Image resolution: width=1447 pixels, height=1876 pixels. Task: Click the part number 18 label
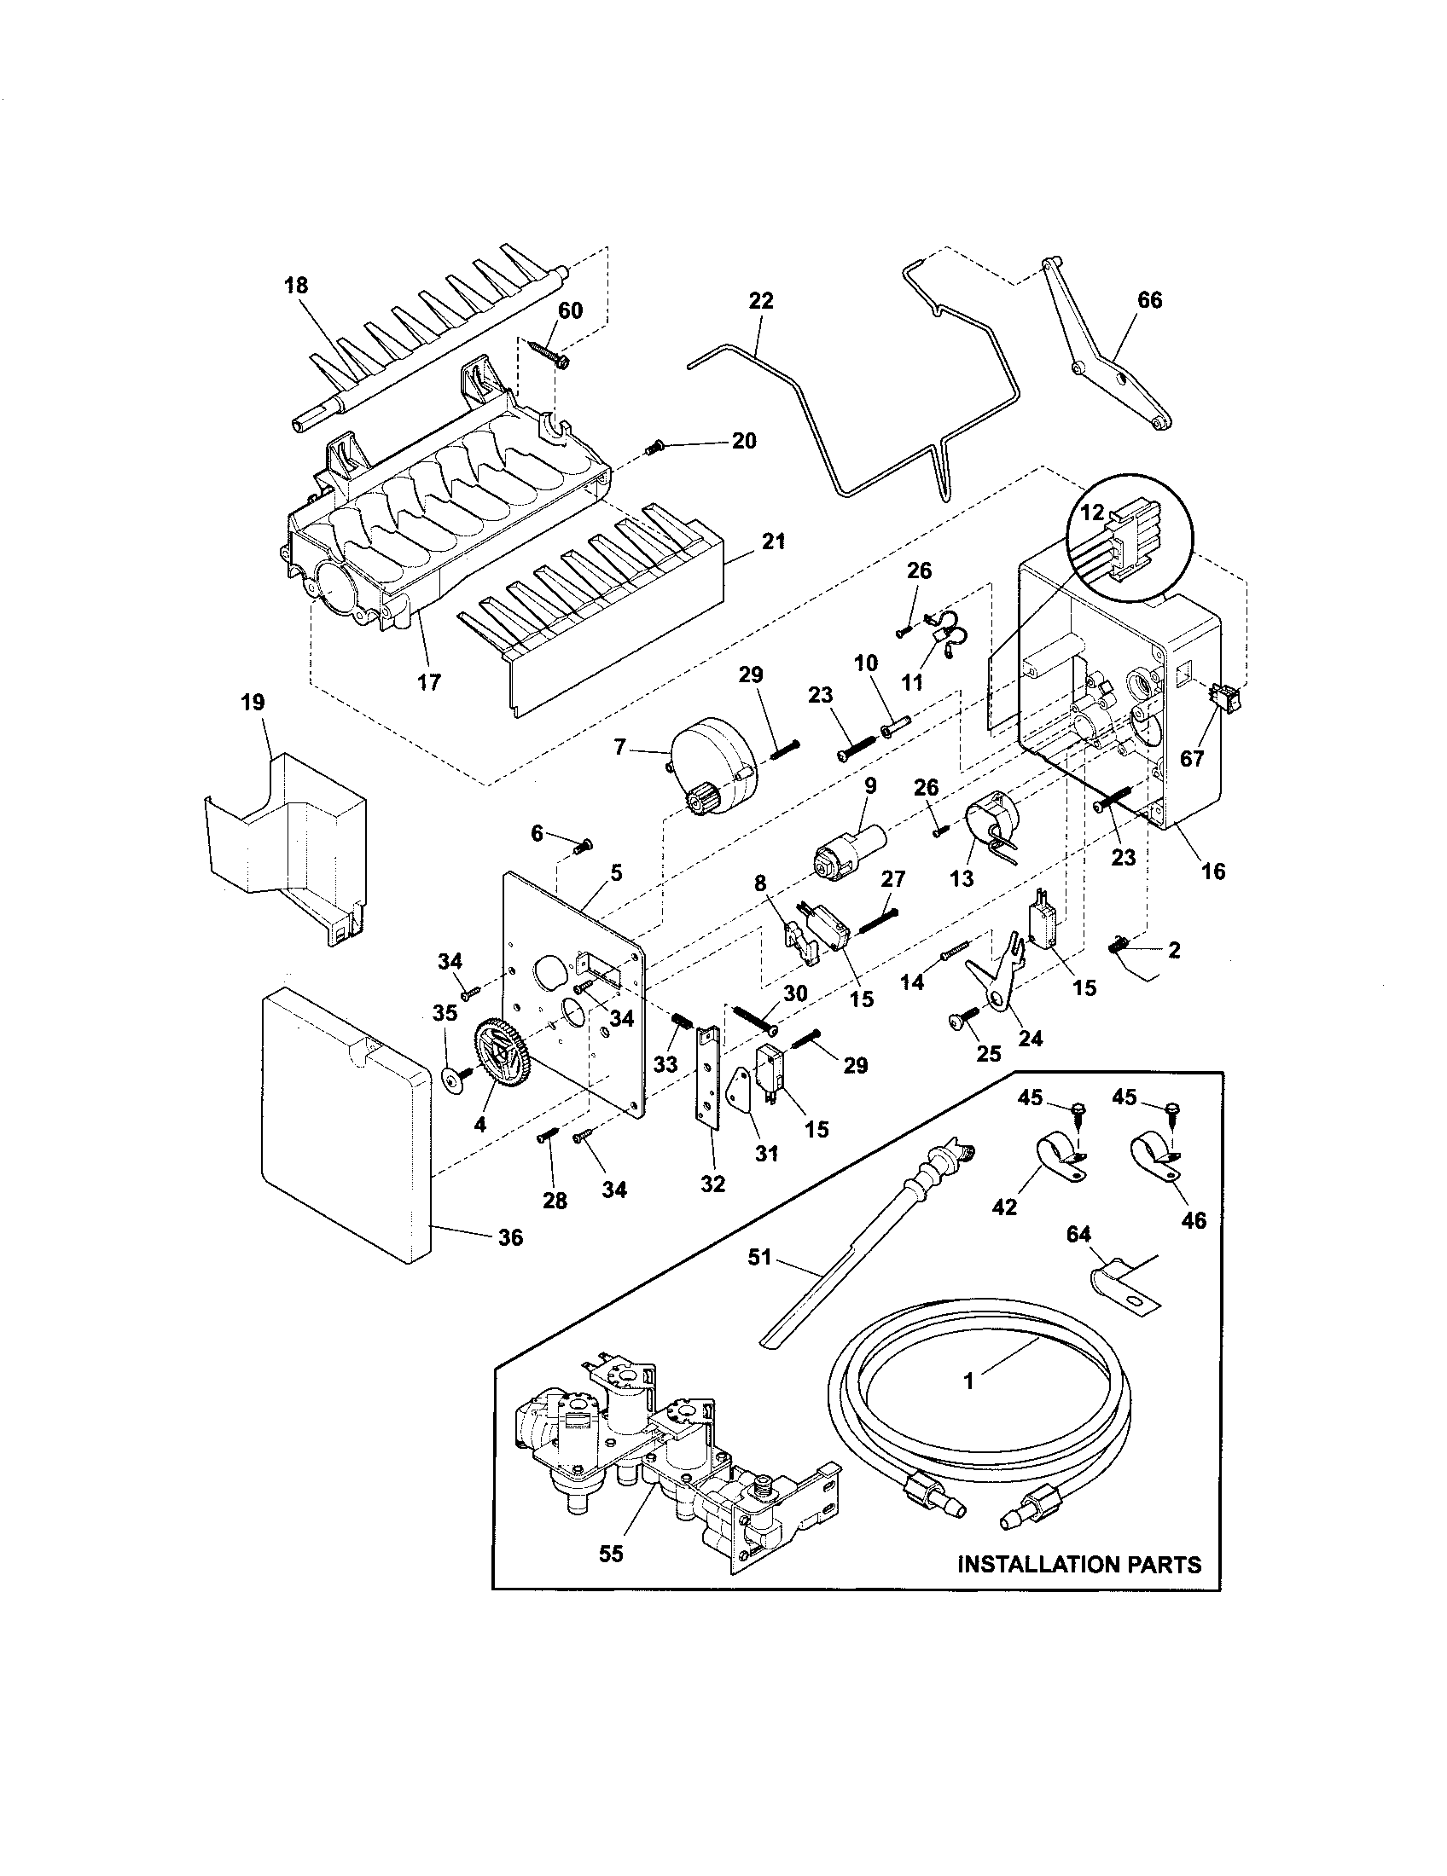click(295, 285)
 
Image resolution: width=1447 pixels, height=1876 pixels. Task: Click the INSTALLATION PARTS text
click(1079, 1564)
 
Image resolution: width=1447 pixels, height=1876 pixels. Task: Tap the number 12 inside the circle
click(1091, 513)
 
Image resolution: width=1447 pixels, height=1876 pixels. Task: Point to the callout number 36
click(510, 1238)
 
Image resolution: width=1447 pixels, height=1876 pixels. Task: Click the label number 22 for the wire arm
click(761, 301)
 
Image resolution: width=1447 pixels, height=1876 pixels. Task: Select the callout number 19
click(253, 703)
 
